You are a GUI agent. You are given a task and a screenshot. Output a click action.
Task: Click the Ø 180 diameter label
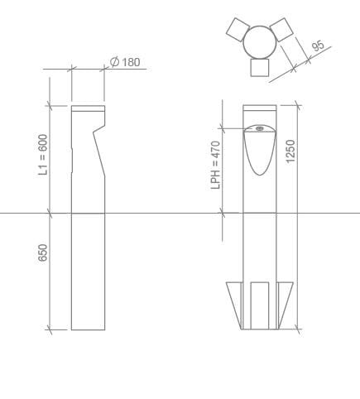click(125, 63)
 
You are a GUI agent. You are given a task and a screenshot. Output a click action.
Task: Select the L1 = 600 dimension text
click(43, 155)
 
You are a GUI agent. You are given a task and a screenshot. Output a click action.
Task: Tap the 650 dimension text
click(43, 252)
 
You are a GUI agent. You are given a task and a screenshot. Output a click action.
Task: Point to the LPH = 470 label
click(216, 165)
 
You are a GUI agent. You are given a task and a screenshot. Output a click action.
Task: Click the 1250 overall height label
click(290, 152)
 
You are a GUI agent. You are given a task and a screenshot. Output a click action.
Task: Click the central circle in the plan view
click(260, 41)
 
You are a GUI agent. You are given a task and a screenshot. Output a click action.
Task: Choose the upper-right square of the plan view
click(282, 29)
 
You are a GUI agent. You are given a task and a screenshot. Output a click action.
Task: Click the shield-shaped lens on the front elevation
click(259, 153)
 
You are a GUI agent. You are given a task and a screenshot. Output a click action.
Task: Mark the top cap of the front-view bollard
click(259, 108)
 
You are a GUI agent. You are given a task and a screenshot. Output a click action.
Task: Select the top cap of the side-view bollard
click(87, 108)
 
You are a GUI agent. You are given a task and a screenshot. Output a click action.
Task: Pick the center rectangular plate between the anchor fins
click(259, 305)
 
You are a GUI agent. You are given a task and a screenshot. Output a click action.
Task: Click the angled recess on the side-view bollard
click(101, 149)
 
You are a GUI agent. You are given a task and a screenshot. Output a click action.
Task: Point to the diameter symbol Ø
click(113, 63)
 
